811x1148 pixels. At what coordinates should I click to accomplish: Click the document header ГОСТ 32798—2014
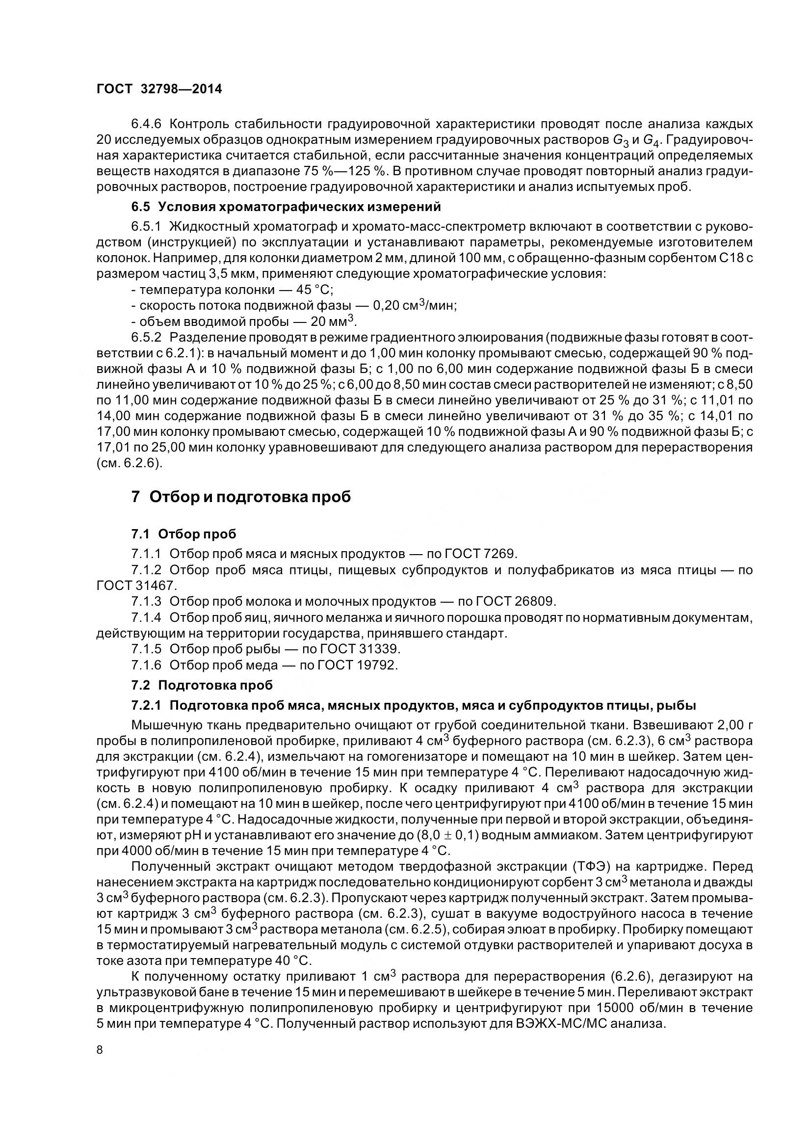(159, 89)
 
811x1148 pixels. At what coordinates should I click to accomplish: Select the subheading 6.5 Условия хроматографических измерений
(287, 207)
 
